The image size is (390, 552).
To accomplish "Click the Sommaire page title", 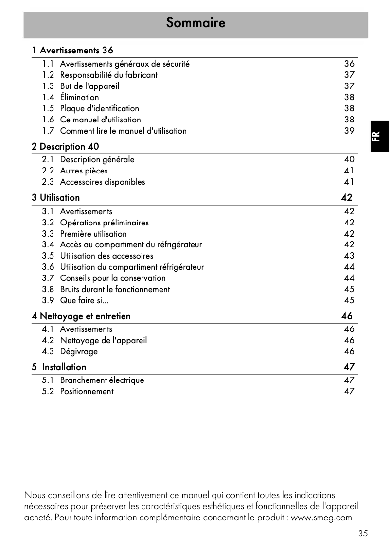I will point(195,23).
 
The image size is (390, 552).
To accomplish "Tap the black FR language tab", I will point(380,136).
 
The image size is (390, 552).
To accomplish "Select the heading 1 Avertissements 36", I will point(73,50).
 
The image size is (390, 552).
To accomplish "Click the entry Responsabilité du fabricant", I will point(108,75).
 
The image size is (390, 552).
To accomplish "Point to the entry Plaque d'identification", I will point(99,108).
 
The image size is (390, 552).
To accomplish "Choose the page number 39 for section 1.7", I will point(349,131).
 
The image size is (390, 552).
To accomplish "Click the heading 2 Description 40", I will point(66,146).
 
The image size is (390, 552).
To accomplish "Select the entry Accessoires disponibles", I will point(102,182).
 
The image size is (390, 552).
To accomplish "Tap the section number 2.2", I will point(48,171).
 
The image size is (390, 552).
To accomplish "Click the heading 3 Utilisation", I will point(56,198).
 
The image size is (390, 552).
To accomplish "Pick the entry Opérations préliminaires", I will point(104,223).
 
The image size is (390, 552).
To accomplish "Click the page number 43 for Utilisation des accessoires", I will point(349,256).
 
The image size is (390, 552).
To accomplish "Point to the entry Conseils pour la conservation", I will point(112,278).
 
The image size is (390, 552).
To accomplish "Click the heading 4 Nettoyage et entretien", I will point(81,316).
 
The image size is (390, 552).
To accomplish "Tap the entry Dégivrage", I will point(78,351).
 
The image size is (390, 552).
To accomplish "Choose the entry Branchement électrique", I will point(102,380).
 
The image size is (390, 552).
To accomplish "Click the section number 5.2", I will point(48,391).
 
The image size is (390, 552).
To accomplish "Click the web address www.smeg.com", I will point(321,517).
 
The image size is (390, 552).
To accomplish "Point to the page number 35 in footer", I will point(363,534).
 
